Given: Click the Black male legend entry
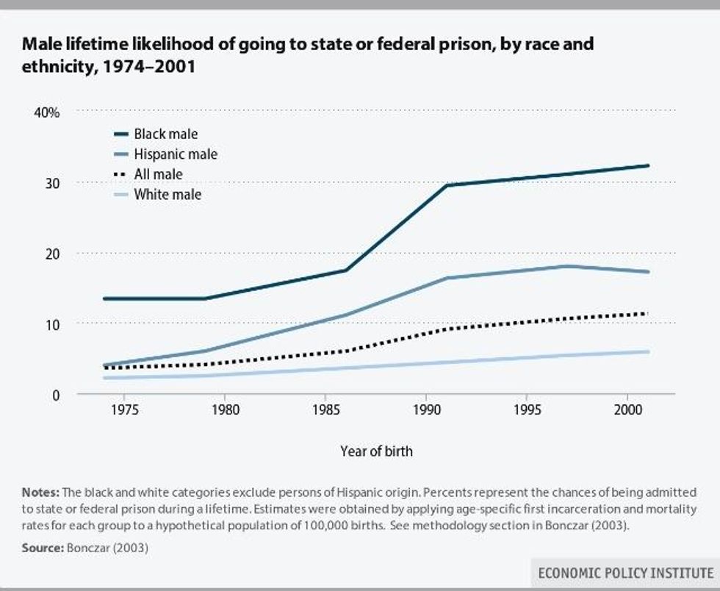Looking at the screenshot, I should (x=165, y=135).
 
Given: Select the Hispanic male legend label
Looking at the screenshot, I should (x=175, y=154).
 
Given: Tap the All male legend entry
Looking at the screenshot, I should (x=158, y=174).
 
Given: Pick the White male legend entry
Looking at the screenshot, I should (x=167, y=195).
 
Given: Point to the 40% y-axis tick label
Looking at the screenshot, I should (x=45, y=112).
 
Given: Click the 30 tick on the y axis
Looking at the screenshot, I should (x=51, y=182).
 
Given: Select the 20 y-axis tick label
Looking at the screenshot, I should (x=51, y=253).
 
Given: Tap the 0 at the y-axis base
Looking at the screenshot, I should (x=55, y=395).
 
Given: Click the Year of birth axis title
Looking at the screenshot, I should (x=376, y=451).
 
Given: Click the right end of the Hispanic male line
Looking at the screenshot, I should (x=648, y=272).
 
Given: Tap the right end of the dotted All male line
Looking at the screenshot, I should (x=648, y=314).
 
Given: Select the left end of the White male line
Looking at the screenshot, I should (x=104, y=378).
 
